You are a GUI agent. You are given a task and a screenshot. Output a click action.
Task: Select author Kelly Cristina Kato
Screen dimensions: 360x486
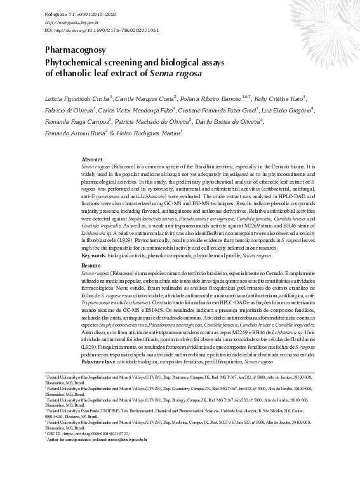pos(279,99)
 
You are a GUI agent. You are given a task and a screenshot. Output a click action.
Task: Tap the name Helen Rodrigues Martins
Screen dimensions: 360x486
pos(150,134)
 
